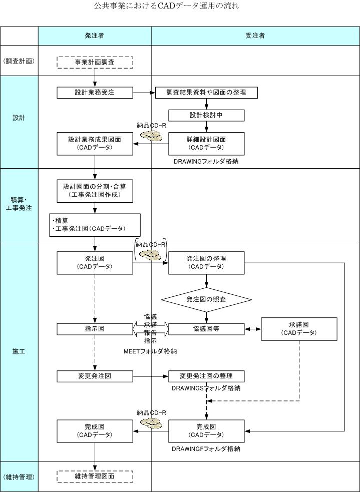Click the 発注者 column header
(95, 36)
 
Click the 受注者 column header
(255, 36)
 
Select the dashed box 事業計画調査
(95, 62)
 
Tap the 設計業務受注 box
(95, 92)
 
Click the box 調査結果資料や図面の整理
(206, 92)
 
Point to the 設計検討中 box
(206, 115)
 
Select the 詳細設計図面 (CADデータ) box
(206, 143)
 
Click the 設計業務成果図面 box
(95, 143)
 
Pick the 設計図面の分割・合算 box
(95, 190)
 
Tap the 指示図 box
(95, 329)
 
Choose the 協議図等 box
(206, 329)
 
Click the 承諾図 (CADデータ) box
(299, 329)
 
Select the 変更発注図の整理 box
(206, 376)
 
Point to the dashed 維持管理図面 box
(95, 476)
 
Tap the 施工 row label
(19, 351)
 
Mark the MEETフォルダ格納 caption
(150, 351)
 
